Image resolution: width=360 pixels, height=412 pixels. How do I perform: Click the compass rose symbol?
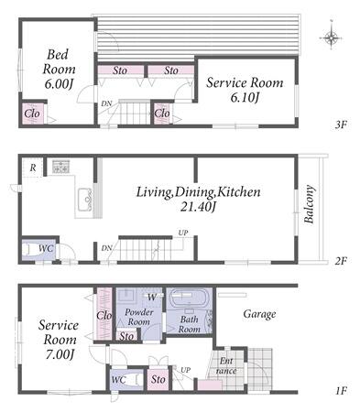coord(331,38)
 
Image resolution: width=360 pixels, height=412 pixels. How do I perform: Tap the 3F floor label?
coord(341,125)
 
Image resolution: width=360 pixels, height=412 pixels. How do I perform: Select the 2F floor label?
coord(341,261)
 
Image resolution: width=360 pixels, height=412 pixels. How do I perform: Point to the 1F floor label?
coord(342,391)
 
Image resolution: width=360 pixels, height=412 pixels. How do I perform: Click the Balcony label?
coord(310,204)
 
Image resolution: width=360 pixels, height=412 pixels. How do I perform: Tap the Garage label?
coord(259,314)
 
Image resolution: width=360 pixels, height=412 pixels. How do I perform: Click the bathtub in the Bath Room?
coord(190,298)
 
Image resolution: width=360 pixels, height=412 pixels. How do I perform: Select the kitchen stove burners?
coord(60,167)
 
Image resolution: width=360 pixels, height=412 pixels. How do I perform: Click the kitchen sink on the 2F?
coord(85,200)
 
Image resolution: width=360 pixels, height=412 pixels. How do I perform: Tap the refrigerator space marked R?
coord(33,168)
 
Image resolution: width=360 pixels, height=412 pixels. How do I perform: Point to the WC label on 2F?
coord(46,249)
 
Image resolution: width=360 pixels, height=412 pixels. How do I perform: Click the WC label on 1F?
coord(118,380)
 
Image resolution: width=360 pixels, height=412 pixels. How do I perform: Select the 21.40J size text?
coord(198,208)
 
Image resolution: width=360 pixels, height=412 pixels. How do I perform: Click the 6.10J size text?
coord(245,98)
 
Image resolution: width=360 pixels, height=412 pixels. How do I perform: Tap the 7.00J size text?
coord(60,355)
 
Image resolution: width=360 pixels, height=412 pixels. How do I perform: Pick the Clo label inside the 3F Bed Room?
coord(32,114)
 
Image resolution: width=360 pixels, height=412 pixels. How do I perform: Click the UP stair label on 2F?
coord(183,233)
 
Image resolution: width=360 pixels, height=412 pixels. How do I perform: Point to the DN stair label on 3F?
coord(106,104)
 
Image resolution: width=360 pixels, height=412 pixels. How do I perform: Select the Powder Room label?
coord(139,317)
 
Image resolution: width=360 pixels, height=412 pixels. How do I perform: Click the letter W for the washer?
coord(152,297)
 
